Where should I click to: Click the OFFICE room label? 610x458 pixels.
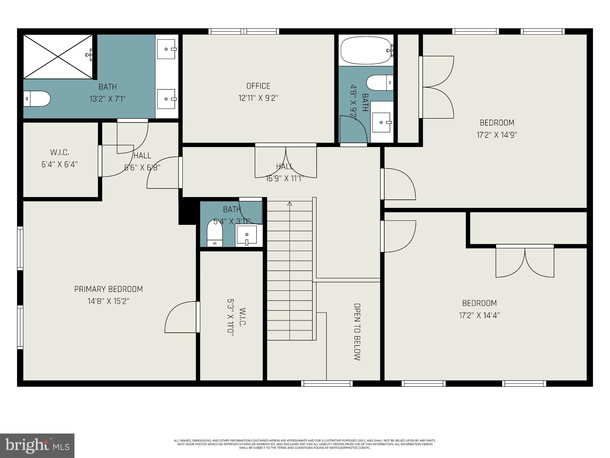coord(258,86)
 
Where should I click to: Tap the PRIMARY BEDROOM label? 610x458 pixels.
coord(108,289)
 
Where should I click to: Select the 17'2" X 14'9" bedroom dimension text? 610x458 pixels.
coord(497,135)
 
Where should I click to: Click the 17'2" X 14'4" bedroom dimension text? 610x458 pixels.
coord(479,315)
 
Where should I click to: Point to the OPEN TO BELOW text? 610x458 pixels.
coord(357,332)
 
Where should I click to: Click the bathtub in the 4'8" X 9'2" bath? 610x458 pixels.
coord(366,50)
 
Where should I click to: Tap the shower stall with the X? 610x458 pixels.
coord(58,57)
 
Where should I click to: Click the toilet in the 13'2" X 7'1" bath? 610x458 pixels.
coord(37,99)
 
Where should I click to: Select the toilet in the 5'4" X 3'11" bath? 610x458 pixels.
coord(215,233)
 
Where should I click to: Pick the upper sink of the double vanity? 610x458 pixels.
coord(166,49)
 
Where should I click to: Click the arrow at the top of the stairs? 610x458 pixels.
coord(290,204)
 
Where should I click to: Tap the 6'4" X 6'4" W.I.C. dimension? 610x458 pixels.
coord(60,164)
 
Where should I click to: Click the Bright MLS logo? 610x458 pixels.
coord(37,445)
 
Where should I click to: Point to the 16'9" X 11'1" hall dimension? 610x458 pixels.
coord(285,179)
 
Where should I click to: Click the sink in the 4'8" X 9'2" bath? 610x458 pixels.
coord(382,122)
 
